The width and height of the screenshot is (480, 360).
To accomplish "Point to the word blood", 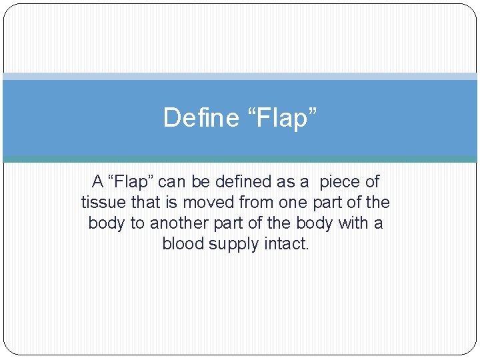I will coord(183,243).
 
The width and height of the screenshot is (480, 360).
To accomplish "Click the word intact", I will coord(287,243).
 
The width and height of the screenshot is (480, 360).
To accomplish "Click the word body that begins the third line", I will coord(107,223).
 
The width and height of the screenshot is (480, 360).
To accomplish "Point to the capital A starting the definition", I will coord(97,181).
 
